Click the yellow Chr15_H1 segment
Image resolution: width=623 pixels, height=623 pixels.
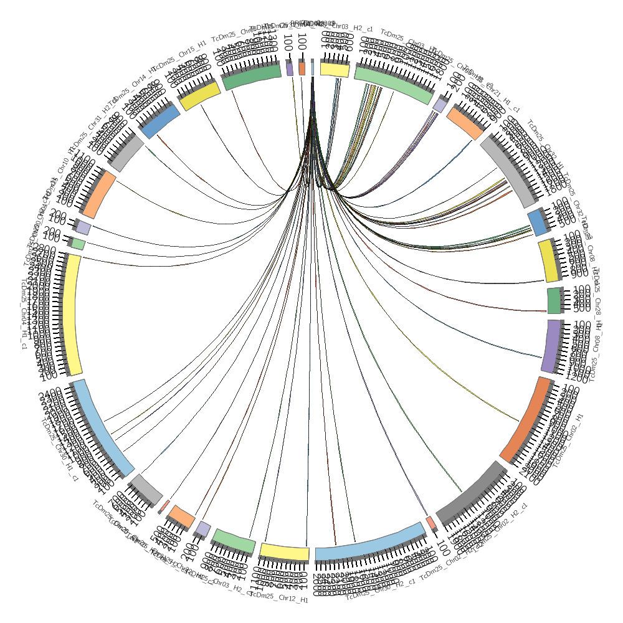[x=200, y=97]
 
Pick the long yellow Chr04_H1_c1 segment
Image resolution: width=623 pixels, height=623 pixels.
[x=72, y=315]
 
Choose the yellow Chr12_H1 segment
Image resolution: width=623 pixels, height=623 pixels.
[x=284, y=552]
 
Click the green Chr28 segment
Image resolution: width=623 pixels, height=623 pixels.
[x=554, y=300]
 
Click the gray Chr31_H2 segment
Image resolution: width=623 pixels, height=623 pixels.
[x=128, y=153]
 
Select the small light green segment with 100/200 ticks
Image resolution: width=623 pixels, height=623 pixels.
[x=78, y=244]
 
